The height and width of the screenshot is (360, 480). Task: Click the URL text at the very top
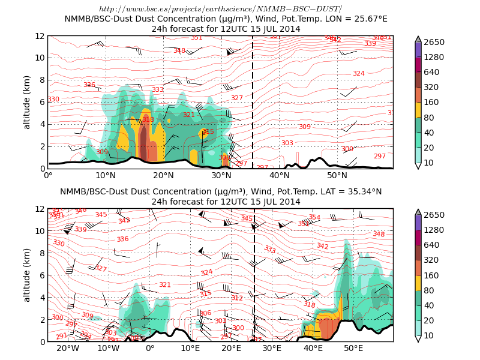[220, 8]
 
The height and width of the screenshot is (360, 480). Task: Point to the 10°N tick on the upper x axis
[106, 175]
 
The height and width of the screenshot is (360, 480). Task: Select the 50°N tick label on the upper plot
[337, 175]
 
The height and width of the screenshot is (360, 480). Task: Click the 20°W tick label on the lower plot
[68, 349]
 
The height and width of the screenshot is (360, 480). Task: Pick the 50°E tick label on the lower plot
[353, 349]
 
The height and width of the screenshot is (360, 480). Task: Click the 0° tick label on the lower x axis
[150, 349]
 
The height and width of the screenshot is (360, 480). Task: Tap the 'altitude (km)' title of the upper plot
[27, 102]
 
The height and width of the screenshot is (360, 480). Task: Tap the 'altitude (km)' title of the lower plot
[27, 275]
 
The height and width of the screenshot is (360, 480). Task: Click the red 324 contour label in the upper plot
[359, 73]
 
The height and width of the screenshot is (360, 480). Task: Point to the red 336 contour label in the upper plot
[89, 85]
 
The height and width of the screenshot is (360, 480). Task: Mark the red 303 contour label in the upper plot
[287, 143]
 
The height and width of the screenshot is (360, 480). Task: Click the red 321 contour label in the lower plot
[165, 284]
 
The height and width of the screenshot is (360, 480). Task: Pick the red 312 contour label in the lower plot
[237, 298]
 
